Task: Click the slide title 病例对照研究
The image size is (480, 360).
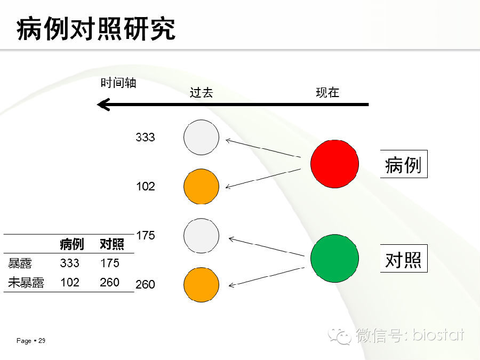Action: click(96, 29)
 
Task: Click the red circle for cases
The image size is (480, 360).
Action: click(334, 164)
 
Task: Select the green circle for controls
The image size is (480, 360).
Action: click(334, 258)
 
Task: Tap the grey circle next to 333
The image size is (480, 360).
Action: click(202, 137)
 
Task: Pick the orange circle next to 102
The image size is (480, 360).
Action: click(202, 187)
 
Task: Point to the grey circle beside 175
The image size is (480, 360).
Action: click(202, 236)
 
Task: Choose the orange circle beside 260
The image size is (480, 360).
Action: click(202, 285)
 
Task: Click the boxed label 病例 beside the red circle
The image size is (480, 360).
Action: click(404, 164)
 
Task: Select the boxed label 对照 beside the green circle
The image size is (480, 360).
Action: click(404, 259)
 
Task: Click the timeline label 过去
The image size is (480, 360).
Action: click(201, 92)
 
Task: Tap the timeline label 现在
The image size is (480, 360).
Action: click(327, 92)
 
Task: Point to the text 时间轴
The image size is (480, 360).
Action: click(118, 83)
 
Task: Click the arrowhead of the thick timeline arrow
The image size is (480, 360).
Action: click(98, 105)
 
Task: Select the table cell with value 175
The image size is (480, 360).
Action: click(109, 263)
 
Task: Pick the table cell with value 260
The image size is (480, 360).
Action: click(109, 282)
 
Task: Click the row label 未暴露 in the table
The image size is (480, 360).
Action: click(26, 282)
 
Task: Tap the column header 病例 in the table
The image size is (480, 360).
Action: click(71, 244)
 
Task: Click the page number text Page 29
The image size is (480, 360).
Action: click(31, 341)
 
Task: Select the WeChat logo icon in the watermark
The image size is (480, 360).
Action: click(339, 336)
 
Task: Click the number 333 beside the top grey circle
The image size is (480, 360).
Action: click(146, 137)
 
